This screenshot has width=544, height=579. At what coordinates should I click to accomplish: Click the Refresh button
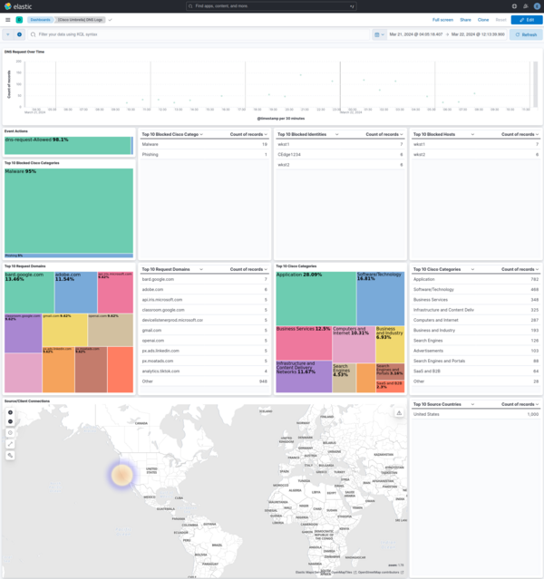[x=526, y=34]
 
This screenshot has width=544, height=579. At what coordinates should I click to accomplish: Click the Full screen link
[x=442, y=19]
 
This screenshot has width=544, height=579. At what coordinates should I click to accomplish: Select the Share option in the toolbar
[x=465, y=19]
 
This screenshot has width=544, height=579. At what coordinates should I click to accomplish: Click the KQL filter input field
[x=181, y=34]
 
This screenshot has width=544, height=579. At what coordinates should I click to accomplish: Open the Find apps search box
[x=272, y=5]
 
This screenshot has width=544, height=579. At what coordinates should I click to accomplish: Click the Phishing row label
[x=151, y=154]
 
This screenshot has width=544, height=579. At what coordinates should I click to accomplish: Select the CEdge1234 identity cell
[x=289, y=154]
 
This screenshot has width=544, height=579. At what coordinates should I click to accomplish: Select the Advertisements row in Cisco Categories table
[x=432, y=350]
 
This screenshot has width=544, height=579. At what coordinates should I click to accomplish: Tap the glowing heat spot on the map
[x=121, y=474]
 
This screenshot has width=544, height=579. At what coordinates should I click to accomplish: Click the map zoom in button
[x=11, y=412]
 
